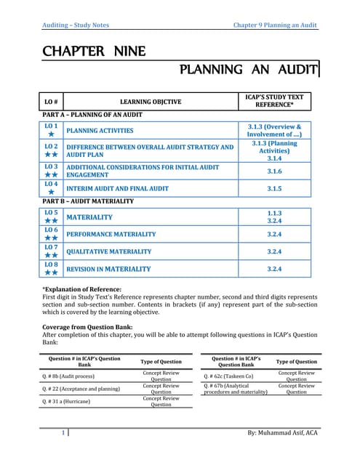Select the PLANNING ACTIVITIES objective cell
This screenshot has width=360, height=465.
pos(100,131)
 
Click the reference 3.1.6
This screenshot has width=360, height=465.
pos(274,171)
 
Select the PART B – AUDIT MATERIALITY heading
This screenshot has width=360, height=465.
pos(88,201)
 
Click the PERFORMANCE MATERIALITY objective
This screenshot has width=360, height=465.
pos(111,235)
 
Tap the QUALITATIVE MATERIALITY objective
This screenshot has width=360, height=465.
pos(109,252)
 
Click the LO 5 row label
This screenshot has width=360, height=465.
pos(51,216)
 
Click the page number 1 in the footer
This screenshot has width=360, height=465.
pos(65,434)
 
